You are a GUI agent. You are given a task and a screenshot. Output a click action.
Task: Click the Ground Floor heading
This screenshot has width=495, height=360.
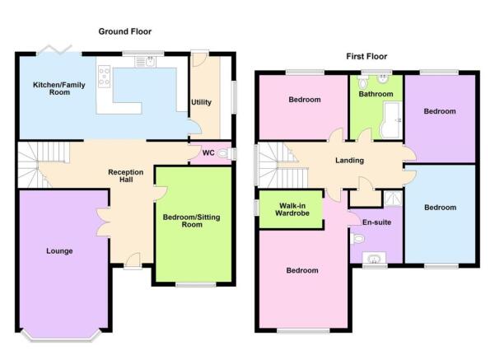tap(125, 31)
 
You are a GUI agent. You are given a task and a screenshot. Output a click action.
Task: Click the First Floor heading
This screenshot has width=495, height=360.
tap(367, 56)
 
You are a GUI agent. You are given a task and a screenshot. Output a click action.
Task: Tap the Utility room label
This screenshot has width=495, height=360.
tap(201, 102)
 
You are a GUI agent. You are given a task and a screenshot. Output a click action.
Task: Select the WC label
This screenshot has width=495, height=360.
tap(208, 153)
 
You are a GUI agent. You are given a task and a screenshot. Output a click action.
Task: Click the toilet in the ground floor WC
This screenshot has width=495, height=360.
tap(224, 154)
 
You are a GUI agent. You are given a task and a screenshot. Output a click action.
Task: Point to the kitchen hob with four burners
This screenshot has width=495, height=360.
tap(104, 76)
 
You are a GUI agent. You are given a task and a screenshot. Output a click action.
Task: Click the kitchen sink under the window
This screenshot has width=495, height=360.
tap(145, 62)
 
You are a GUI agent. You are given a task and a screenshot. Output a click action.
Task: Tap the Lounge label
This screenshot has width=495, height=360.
tap(59, 251)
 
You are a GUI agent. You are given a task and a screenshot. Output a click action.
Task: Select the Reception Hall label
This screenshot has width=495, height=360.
tap(126, 176)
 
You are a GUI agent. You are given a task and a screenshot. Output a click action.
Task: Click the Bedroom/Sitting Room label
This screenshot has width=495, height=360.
tap(192, 221)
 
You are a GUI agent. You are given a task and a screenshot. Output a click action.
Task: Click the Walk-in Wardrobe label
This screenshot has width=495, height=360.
tap(292, 209)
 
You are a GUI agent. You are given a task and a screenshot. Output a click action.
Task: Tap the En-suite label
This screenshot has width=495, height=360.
tap(376, 222)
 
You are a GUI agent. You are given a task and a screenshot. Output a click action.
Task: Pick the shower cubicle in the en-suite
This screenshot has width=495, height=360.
tap(393, 199)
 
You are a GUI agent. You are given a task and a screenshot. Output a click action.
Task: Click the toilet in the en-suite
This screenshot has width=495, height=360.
tap(357, 238)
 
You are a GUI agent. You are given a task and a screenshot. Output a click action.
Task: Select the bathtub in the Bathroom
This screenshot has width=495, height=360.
tap(391, 120)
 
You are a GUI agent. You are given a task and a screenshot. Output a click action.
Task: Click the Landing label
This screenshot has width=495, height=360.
tap(349, 161)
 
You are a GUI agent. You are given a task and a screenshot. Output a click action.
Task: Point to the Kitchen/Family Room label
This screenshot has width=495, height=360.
tap(59, 88)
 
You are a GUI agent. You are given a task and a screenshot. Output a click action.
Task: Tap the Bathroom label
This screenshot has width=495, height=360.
tap(376, 94)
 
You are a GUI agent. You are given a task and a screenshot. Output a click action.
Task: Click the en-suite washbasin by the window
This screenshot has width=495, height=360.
tap(375, 258)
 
